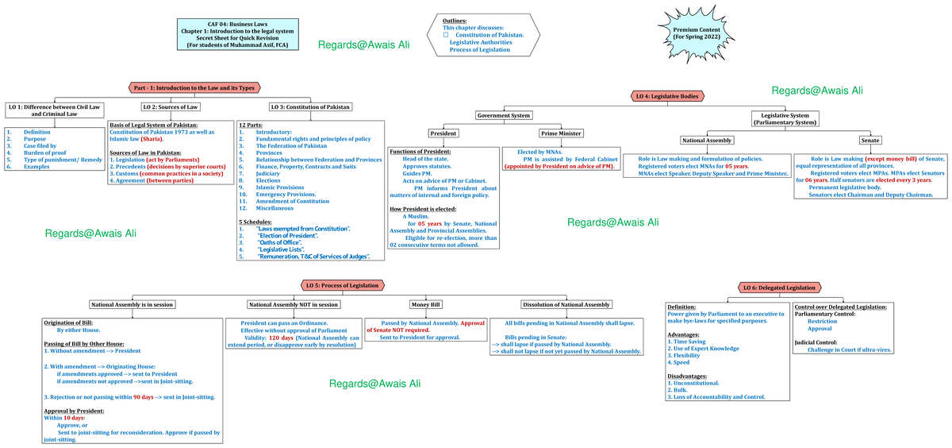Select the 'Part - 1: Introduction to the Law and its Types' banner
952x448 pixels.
194,87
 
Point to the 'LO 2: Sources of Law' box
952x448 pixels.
170,106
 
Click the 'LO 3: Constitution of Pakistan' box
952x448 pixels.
311,106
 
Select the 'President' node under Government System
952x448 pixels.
443,133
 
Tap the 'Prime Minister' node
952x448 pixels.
561,133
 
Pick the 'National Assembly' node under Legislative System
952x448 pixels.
707,141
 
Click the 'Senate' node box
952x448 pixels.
870,141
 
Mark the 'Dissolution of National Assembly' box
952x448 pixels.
566,304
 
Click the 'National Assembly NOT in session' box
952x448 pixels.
294,304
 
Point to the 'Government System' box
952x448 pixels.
504,115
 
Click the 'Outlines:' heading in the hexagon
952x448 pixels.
455,21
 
